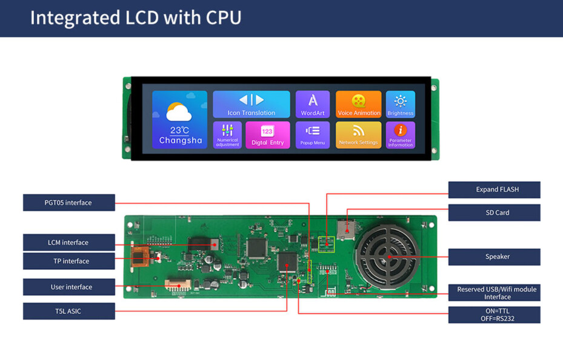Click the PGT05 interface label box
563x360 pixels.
[x=69, y=202]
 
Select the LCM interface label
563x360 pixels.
[x=69, y=242]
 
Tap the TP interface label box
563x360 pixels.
[x=69, y=261]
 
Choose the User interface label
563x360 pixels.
[x=69, y=287]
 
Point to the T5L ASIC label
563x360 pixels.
[x=69, y=311]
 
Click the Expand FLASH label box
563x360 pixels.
[x=494, y=190]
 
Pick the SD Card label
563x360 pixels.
[x=494, y=213]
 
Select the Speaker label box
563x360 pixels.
[x=494, y=256]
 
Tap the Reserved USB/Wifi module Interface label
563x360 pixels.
[x=494, y=293]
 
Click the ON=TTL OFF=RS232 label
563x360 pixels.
[x=494, y=315]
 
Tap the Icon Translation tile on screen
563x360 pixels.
[x=252, y=104]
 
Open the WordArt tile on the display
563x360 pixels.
[x=313, y=104]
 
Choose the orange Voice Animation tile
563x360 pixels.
[x=359, y=104]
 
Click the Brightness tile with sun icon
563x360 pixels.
[x=401, y=104]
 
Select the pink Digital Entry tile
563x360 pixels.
[x=267, y=135]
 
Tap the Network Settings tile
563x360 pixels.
[x=359, y=135]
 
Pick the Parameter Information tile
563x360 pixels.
[x=401, y=135]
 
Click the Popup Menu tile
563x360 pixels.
[x=313, y=135]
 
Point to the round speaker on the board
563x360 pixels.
[x=387, y=257]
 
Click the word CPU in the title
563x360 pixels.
[x=224, y=18]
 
